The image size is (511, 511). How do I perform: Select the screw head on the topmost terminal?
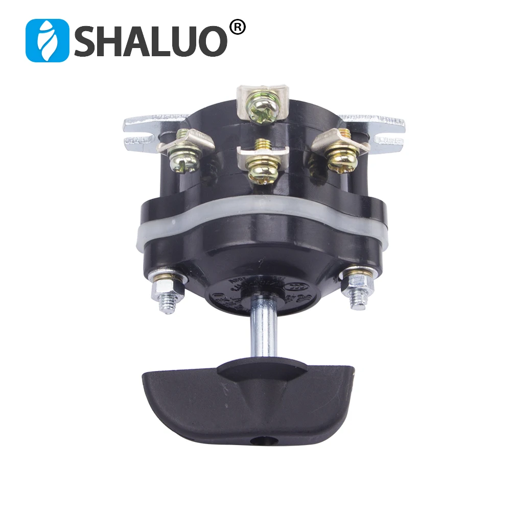click(x=263, y=107)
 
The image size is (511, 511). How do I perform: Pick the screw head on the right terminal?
click(x=340, y=156)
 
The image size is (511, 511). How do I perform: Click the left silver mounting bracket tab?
click(x=146, y=130)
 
